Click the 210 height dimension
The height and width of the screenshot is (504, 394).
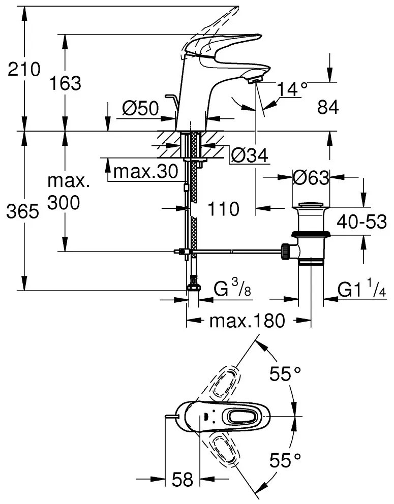23,69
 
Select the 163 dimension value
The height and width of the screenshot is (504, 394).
65,83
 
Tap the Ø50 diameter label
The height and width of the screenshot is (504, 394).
141,108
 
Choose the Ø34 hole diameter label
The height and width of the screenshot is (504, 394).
249,156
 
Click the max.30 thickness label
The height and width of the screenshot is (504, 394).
145,172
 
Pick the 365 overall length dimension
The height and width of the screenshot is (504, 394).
22,212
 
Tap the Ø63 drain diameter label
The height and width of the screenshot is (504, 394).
311,177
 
